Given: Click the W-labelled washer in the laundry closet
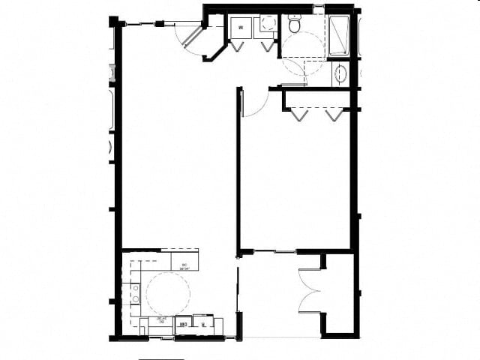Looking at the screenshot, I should pyautogui.click(x=240, y=27).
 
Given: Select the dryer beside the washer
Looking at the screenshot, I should pyautogui.click(x=263, y=27).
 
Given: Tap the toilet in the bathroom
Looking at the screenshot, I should pyautogui.click(x=294, y=25).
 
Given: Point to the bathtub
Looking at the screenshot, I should pyautogui.click(x=339, y=35).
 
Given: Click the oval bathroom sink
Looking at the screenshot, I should pyautogui.click(x=340, y=73).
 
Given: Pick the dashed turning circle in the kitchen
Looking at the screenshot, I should pyautogui.click(x=167, y=292).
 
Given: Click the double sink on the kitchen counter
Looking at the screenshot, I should pyautogui.click(x=136, y=292).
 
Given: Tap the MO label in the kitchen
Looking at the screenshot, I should pyautogui.click(x=182, y=325).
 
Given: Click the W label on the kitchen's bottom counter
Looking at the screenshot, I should pyautogui.click(x=203, y=325).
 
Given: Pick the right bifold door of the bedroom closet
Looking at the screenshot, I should pyautogui.click(x=334, y=114).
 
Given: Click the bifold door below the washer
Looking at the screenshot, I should pyautogui.click(x=238, y=45).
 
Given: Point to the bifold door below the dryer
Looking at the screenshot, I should pyautogui.click(x=267, y=45).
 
